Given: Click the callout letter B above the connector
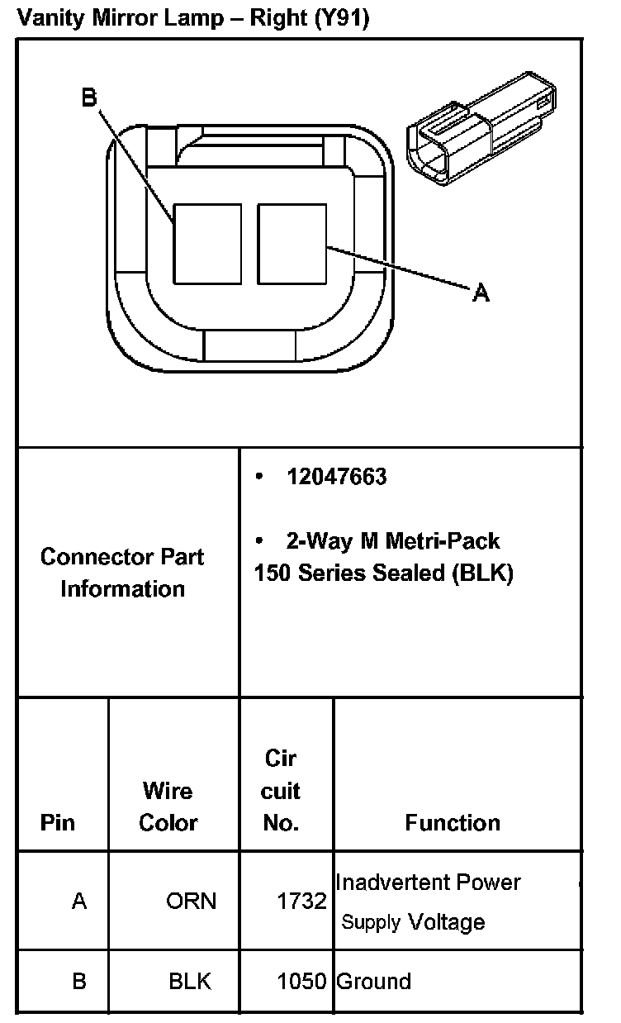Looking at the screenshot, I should coord(89,98).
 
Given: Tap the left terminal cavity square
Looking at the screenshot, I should coord(207,243).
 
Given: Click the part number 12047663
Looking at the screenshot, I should coord(336,477).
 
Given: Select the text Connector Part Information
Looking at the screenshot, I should coord(122,573).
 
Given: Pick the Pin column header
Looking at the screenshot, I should coord(57,823).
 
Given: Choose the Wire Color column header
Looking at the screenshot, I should coord(168,807).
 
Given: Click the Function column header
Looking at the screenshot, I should coord(453,823).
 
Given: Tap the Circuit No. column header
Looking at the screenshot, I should coord(280,791).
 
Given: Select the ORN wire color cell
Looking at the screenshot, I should coord(191,901).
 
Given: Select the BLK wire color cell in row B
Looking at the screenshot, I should coord(190,982).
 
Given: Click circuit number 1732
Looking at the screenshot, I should coord(301,901).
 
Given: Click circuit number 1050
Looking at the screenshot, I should coord(301,982).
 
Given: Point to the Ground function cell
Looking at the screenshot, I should coord(373,982).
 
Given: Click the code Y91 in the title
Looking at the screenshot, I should coord(340,19).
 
